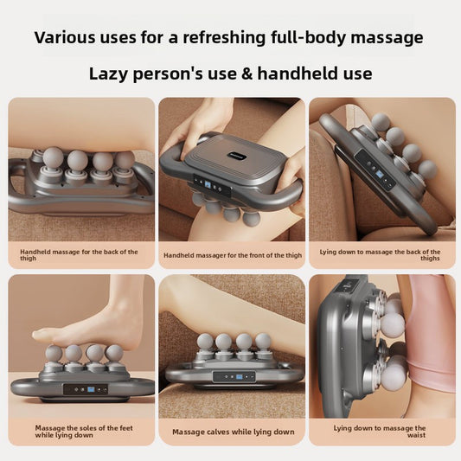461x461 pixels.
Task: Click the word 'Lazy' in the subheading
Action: coord(110,74)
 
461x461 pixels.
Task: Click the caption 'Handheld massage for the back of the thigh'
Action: coord(79,255)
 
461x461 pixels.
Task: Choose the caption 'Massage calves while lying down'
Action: coord(233,432)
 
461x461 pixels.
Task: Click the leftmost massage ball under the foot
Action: coord(54,353)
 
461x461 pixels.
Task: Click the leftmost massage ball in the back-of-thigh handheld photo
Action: coord(53,158)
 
